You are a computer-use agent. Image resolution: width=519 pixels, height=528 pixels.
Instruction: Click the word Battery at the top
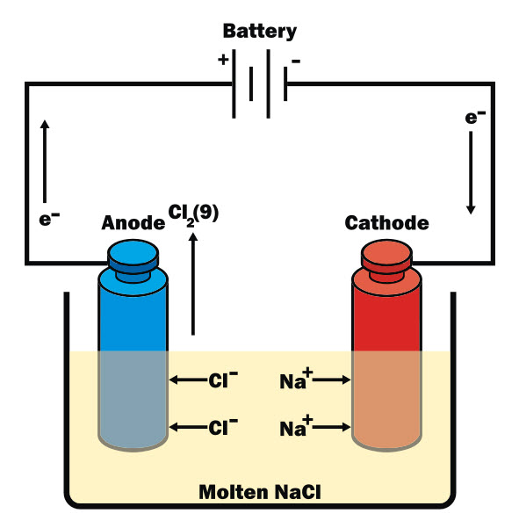259,32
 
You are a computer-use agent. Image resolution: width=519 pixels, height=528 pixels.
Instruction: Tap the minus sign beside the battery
296,61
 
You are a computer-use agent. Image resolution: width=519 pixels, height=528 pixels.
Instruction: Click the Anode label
133,222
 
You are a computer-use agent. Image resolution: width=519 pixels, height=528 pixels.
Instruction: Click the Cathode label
386,222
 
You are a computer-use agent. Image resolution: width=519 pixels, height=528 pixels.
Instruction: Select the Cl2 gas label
193,213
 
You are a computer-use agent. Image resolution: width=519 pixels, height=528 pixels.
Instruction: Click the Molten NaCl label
259,491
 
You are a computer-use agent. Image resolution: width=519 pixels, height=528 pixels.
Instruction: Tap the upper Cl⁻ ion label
222,380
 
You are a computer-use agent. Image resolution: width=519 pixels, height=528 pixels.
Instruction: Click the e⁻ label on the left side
50,218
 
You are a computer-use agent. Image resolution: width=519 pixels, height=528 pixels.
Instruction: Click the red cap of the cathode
386,257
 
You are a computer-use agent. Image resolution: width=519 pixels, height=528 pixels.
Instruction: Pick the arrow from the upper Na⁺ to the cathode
333,380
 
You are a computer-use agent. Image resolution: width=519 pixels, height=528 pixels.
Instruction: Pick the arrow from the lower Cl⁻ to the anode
187,428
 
